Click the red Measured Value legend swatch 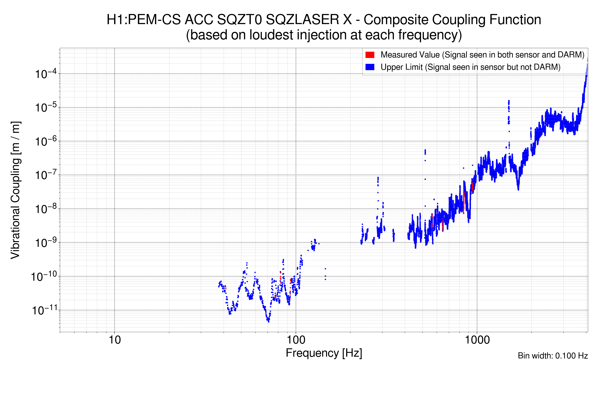370,55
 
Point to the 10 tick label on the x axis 114,340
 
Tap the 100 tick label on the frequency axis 296,340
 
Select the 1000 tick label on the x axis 477,340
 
